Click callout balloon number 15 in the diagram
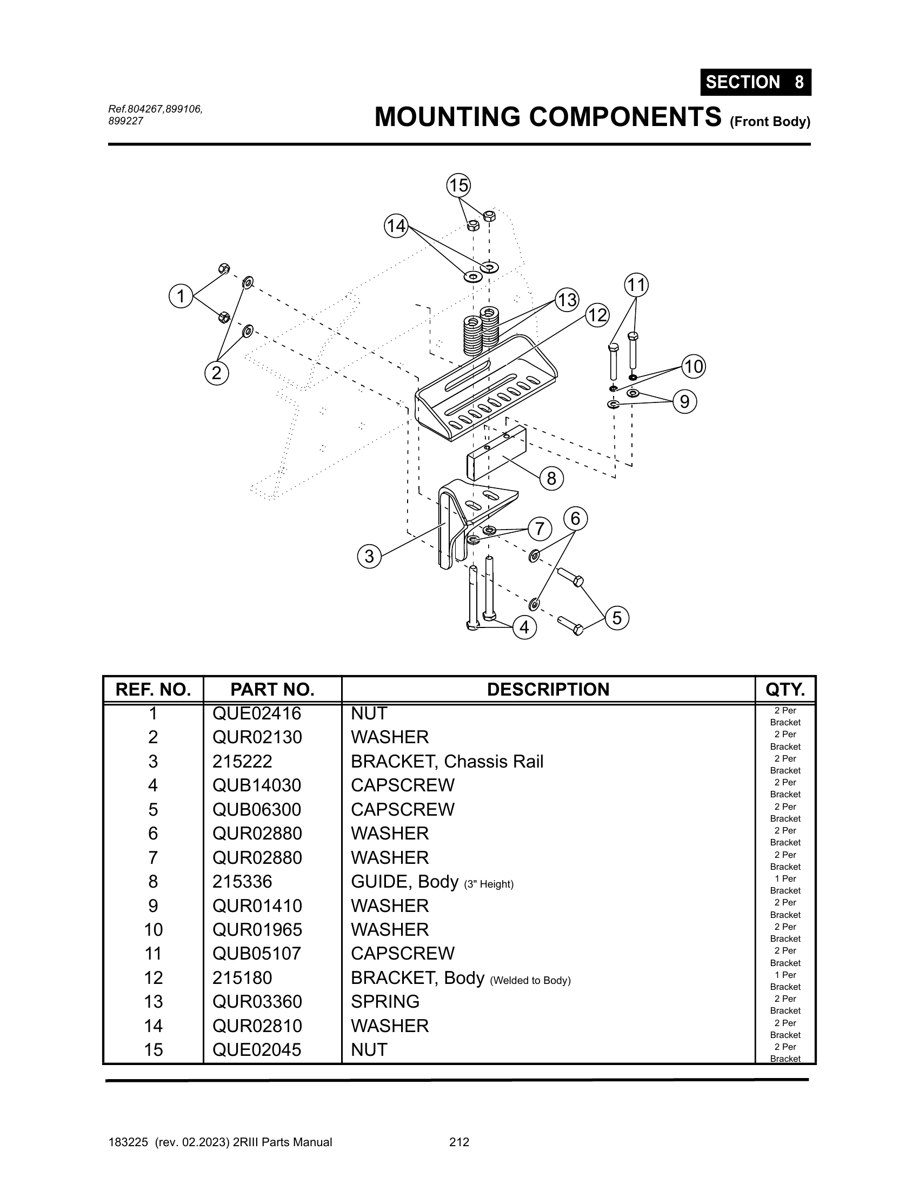click(458, 185)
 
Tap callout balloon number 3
click(369, 556)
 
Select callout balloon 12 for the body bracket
click(597, 315)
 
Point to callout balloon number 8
click(551, 478)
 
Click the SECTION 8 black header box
click(756, 82)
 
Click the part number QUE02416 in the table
click(256, 713)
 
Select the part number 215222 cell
click(242, 761)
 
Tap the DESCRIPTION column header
click(548, 689)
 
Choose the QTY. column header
click(785, 689)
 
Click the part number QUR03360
click(257, 1001)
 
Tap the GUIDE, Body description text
click(404, 881)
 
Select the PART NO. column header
click(272, 689)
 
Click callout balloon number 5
click(617, 618)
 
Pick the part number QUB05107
click(256, 953)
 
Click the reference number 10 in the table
click(153, 929)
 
